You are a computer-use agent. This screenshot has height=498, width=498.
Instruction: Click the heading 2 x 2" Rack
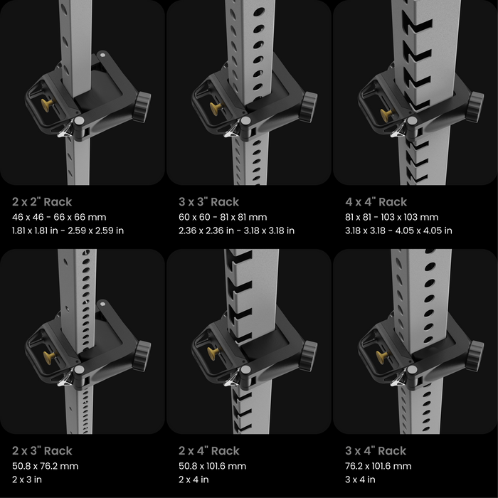tap(42, 202)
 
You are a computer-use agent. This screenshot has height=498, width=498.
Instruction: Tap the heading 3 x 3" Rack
tap(208, 202)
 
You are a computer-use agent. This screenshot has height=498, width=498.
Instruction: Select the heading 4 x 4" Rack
tap(376, 202)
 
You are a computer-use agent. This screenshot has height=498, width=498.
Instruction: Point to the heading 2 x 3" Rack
tap(42, 451)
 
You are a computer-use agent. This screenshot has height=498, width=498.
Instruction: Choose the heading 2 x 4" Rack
tap(208, 451)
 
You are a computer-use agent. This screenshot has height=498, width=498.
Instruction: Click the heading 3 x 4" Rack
tap(376, 451)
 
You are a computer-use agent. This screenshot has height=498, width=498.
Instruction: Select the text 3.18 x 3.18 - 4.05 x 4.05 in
tap(398, 231)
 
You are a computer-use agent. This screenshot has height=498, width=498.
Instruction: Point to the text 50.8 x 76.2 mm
tap(45, 466)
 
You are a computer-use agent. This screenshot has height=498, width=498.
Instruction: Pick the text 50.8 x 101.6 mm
tap(213, 466)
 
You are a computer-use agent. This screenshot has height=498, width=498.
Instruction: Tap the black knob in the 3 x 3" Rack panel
tap(308, 107)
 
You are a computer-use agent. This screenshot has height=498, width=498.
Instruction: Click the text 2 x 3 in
tap(28, 480)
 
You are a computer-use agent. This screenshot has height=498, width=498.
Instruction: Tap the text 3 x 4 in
tap(360, 480)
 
